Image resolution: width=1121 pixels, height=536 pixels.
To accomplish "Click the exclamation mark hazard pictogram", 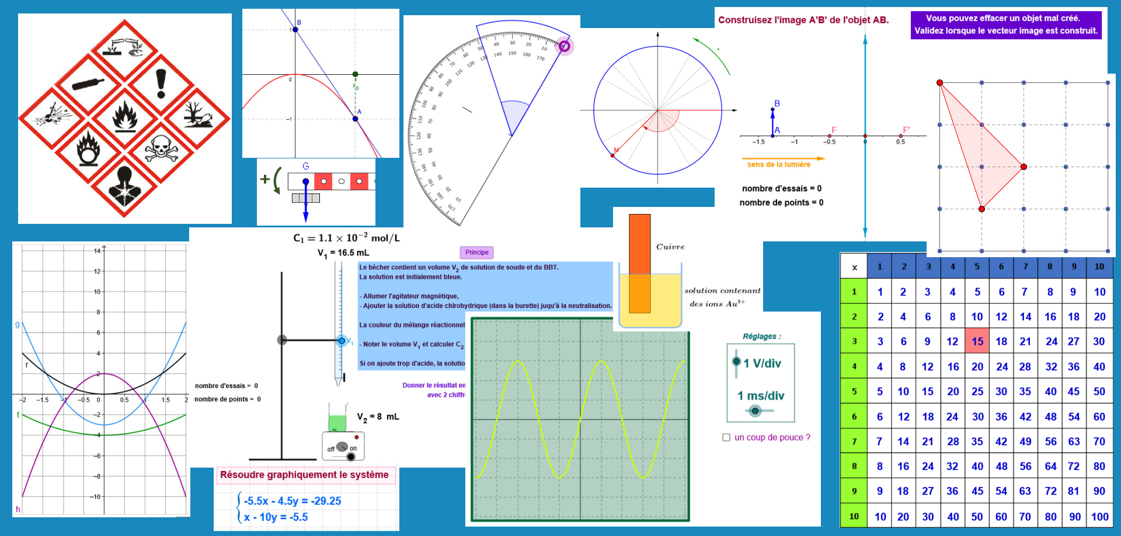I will (x=161, y=84).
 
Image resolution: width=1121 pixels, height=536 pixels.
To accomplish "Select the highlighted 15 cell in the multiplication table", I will (x=977, y=341).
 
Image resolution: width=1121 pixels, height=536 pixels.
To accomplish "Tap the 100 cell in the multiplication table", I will (x=1099, y=517).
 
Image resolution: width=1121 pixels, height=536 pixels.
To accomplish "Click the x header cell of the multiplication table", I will (x=854, y=267).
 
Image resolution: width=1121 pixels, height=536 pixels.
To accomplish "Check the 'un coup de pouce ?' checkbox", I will (x=726, y=437).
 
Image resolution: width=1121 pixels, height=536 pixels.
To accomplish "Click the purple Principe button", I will (x=477, y=253).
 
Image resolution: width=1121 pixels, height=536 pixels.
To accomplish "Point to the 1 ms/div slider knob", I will (x=755, y=411).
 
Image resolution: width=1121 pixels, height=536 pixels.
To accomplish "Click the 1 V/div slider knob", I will (x=736, y=361).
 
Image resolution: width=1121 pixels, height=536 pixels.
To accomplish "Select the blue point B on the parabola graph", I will (x=295, y=29).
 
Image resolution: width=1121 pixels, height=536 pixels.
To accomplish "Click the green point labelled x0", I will (x=355, y=74).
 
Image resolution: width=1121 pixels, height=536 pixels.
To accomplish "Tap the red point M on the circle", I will (x=612, y=155).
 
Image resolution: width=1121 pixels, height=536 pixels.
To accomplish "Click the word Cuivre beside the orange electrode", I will (x=670, y=247).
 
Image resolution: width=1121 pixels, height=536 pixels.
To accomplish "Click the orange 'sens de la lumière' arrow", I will (x=783, y=158).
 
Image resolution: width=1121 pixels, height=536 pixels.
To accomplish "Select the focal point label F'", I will (x=906, y=130).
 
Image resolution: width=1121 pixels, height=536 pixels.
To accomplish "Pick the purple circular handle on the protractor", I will (x=564, y=46).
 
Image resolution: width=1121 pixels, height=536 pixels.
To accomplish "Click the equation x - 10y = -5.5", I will (x=276, y=517).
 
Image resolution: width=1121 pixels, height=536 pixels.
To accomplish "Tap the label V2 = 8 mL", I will (x=378, y=417).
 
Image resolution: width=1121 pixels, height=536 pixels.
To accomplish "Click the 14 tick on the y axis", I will (x=97, y=251).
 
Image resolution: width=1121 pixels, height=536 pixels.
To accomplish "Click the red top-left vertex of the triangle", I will (x=939, y=83).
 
